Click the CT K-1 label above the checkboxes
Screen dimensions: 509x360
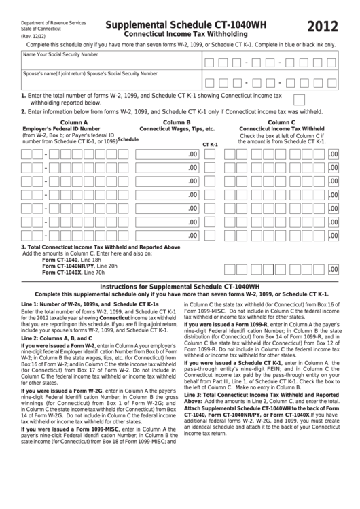(210, 144)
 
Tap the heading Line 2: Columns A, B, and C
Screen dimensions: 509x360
(56, 338)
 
